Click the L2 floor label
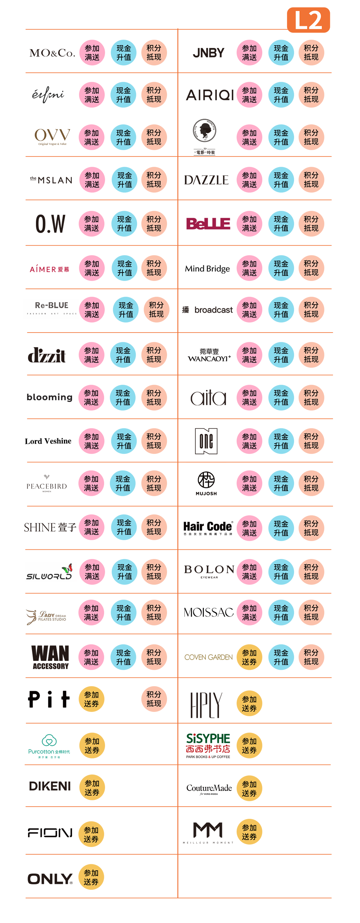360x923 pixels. [x=308, y=20]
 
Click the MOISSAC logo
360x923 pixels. [x=208, y=612]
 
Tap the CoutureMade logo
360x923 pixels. [x=209, y=788]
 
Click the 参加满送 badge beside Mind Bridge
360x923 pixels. [x=249, y=268]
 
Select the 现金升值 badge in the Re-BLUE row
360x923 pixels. [x=126, y=310]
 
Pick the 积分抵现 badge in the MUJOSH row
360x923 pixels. [x=311, y=483]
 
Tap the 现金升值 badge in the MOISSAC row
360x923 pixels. [x=281, y=612]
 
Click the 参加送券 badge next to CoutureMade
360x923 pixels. [x=249, y=788]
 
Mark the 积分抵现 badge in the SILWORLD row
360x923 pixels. [x=154, y=571]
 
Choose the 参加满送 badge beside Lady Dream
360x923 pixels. [x=91, y=612]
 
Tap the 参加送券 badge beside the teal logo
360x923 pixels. [x=92, y=745]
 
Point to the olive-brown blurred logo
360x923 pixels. [x=207, y=656]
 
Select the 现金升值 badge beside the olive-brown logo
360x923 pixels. [x=281, y=657]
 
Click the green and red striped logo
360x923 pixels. [x=208, y=745]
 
